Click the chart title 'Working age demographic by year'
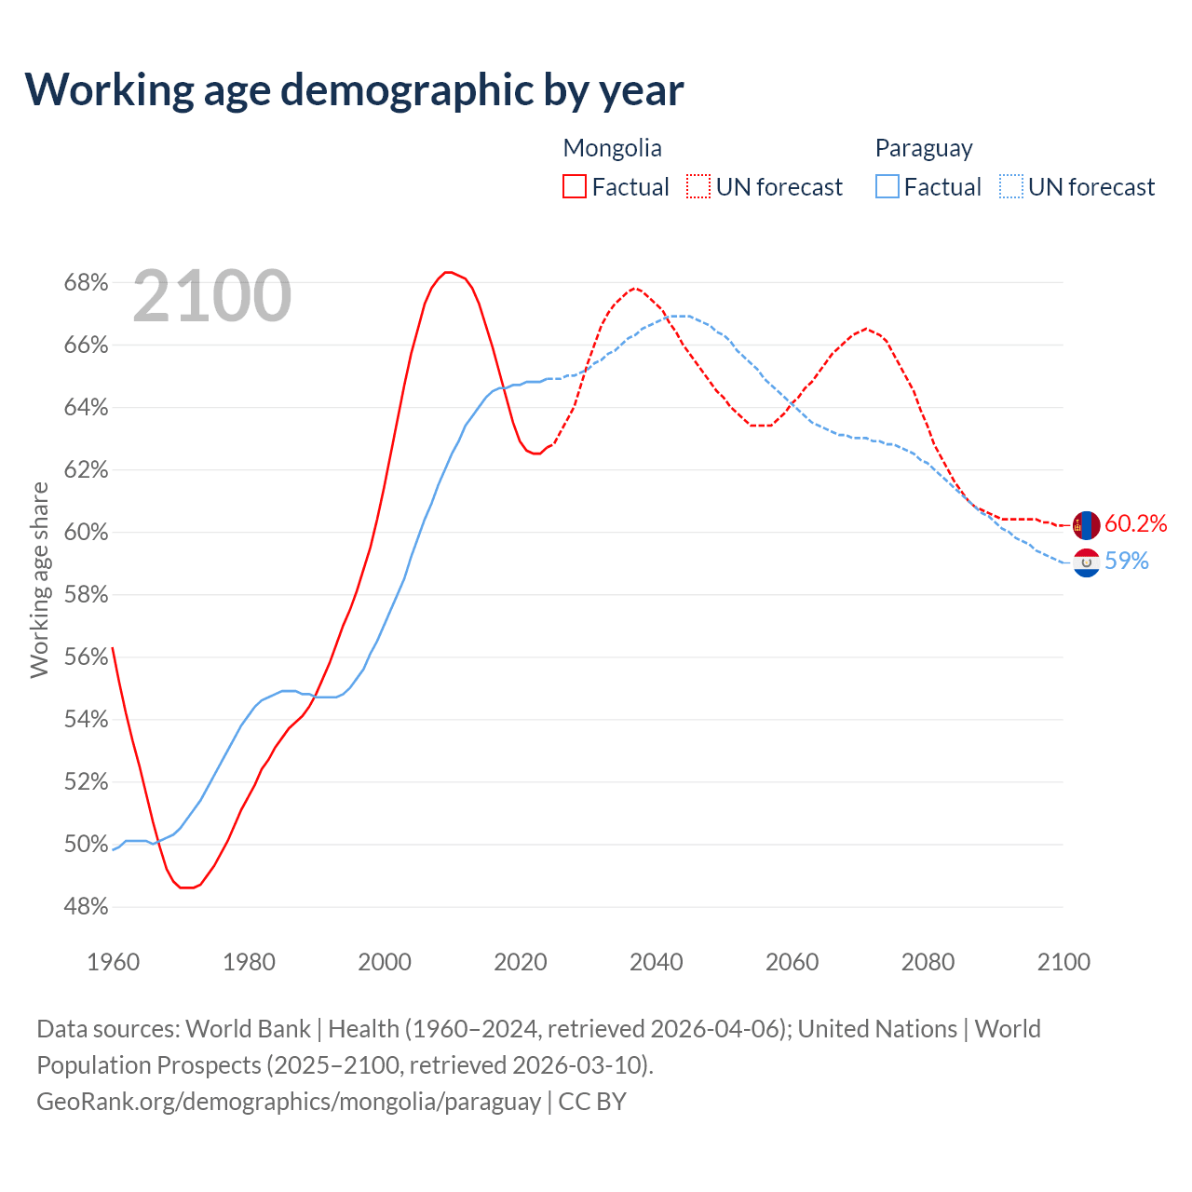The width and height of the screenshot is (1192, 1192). pos(354,89)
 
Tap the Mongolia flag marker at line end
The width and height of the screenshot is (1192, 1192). pos(1086,525)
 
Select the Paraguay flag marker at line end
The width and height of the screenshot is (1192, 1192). pos(1086,562)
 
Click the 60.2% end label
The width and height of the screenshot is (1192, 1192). pos(1135,523)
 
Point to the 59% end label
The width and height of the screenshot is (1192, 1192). pos(1126,561)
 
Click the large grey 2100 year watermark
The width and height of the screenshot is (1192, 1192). pos(212,296)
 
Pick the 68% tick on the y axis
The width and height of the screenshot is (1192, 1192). pos(86,282)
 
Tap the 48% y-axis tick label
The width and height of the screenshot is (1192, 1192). pos(86,906)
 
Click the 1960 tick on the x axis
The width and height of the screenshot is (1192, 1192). pos(113,962)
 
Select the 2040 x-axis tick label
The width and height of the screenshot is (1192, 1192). pos(656,962)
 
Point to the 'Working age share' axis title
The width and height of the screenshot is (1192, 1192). pos(39,579)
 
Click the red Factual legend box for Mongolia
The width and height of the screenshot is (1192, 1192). pos(575,187)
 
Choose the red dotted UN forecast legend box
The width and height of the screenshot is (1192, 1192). pos(698,187)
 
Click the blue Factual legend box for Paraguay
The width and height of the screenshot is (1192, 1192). pos(887,187)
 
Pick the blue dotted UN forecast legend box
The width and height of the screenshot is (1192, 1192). pos(1011,187)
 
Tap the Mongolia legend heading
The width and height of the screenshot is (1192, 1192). pos(612,148)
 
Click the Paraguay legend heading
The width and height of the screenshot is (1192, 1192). pos(923,148)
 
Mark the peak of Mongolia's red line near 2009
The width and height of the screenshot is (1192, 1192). pos(448,272)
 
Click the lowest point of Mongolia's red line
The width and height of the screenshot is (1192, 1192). pos(186,887)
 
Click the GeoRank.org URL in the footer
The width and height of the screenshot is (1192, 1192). pos(289,1102)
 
